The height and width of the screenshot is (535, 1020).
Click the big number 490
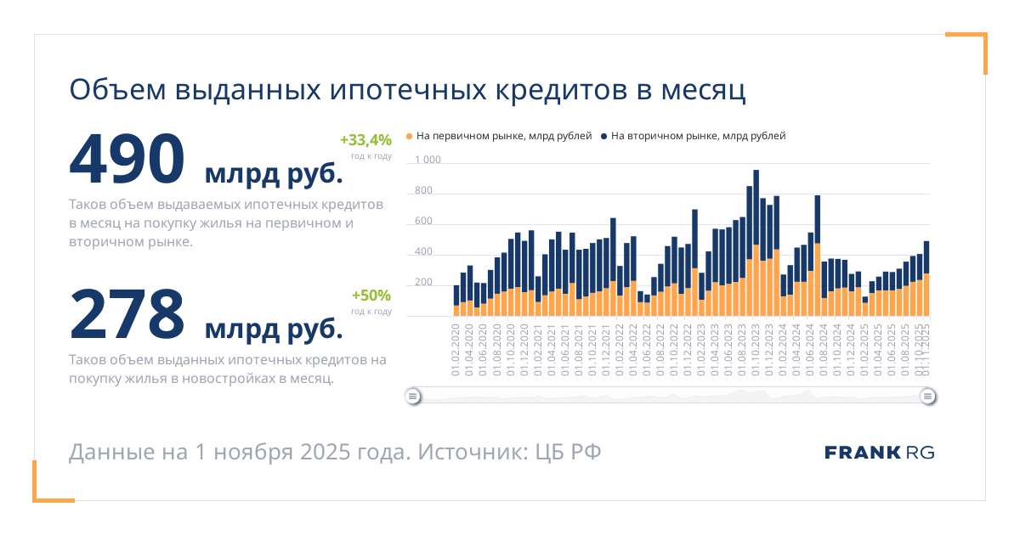127,159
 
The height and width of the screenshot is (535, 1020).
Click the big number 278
127,314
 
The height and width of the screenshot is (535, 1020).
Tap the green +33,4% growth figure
365,140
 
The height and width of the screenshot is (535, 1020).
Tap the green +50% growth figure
371,296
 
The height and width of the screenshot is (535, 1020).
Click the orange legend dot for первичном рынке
409,136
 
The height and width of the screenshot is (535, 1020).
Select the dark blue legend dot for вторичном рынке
604,136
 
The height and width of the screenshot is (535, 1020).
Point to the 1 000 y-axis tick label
428,160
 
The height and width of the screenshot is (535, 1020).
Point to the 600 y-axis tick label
423,222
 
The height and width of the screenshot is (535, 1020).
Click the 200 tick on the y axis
423,283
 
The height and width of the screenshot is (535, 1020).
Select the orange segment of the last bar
926,295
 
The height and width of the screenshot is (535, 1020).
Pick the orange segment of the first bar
456,311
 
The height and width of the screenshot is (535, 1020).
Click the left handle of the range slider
412,396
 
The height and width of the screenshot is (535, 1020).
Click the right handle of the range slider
928,396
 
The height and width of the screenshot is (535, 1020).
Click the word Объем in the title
116,91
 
